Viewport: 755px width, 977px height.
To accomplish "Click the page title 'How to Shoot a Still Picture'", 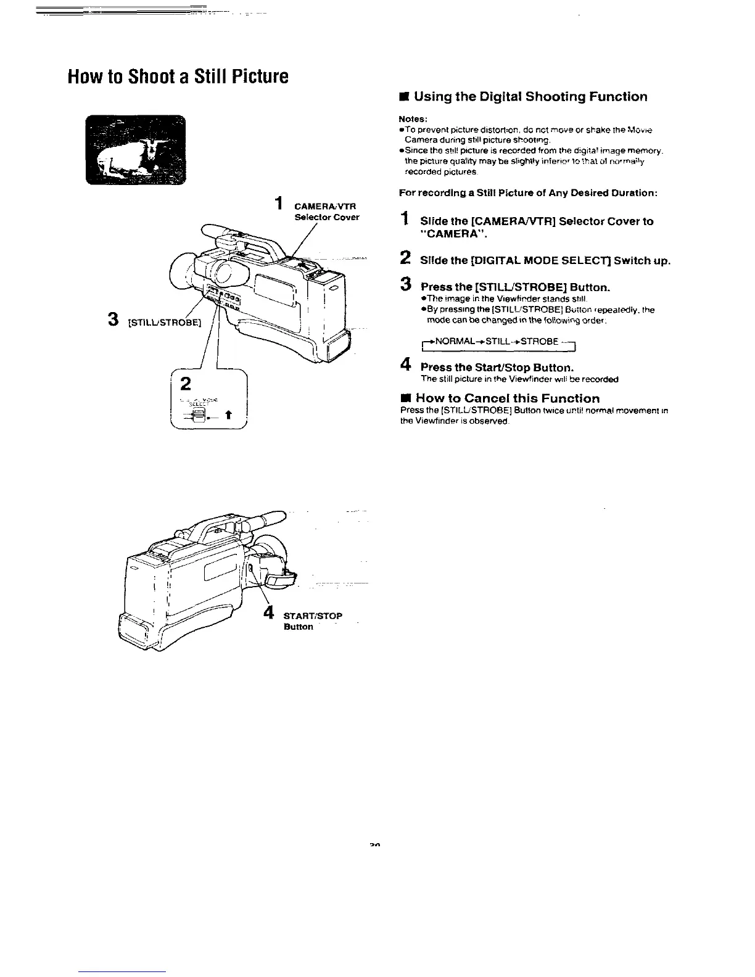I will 178,77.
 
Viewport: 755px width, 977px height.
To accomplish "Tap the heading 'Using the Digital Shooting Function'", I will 530,97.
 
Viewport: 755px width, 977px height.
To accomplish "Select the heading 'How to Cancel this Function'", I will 507,398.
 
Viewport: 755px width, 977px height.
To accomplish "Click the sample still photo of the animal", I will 135,150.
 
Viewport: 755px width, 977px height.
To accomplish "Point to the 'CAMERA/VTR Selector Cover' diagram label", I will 326,212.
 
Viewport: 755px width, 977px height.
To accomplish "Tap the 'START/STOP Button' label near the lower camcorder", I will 312,620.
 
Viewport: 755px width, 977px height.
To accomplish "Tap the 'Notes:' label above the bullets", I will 413,118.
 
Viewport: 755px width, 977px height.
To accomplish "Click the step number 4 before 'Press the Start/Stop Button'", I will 405,365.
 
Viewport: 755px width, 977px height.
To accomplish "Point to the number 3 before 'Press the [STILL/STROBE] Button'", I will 405,284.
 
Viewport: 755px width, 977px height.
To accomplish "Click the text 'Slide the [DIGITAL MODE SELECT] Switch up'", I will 545,260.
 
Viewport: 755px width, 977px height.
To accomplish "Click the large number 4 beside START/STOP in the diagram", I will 268,612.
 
